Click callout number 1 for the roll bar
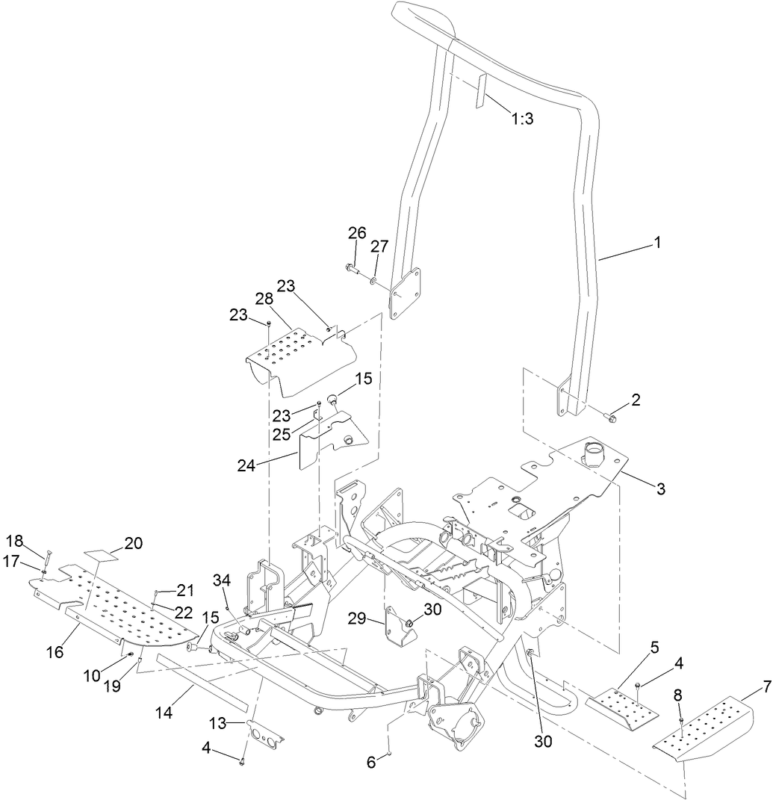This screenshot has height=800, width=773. coord(657,243)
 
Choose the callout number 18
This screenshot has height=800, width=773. coord(15,540)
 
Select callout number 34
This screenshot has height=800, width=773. coord(222,580)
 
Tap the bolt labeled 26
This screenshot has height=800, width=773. coord(352,267)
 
